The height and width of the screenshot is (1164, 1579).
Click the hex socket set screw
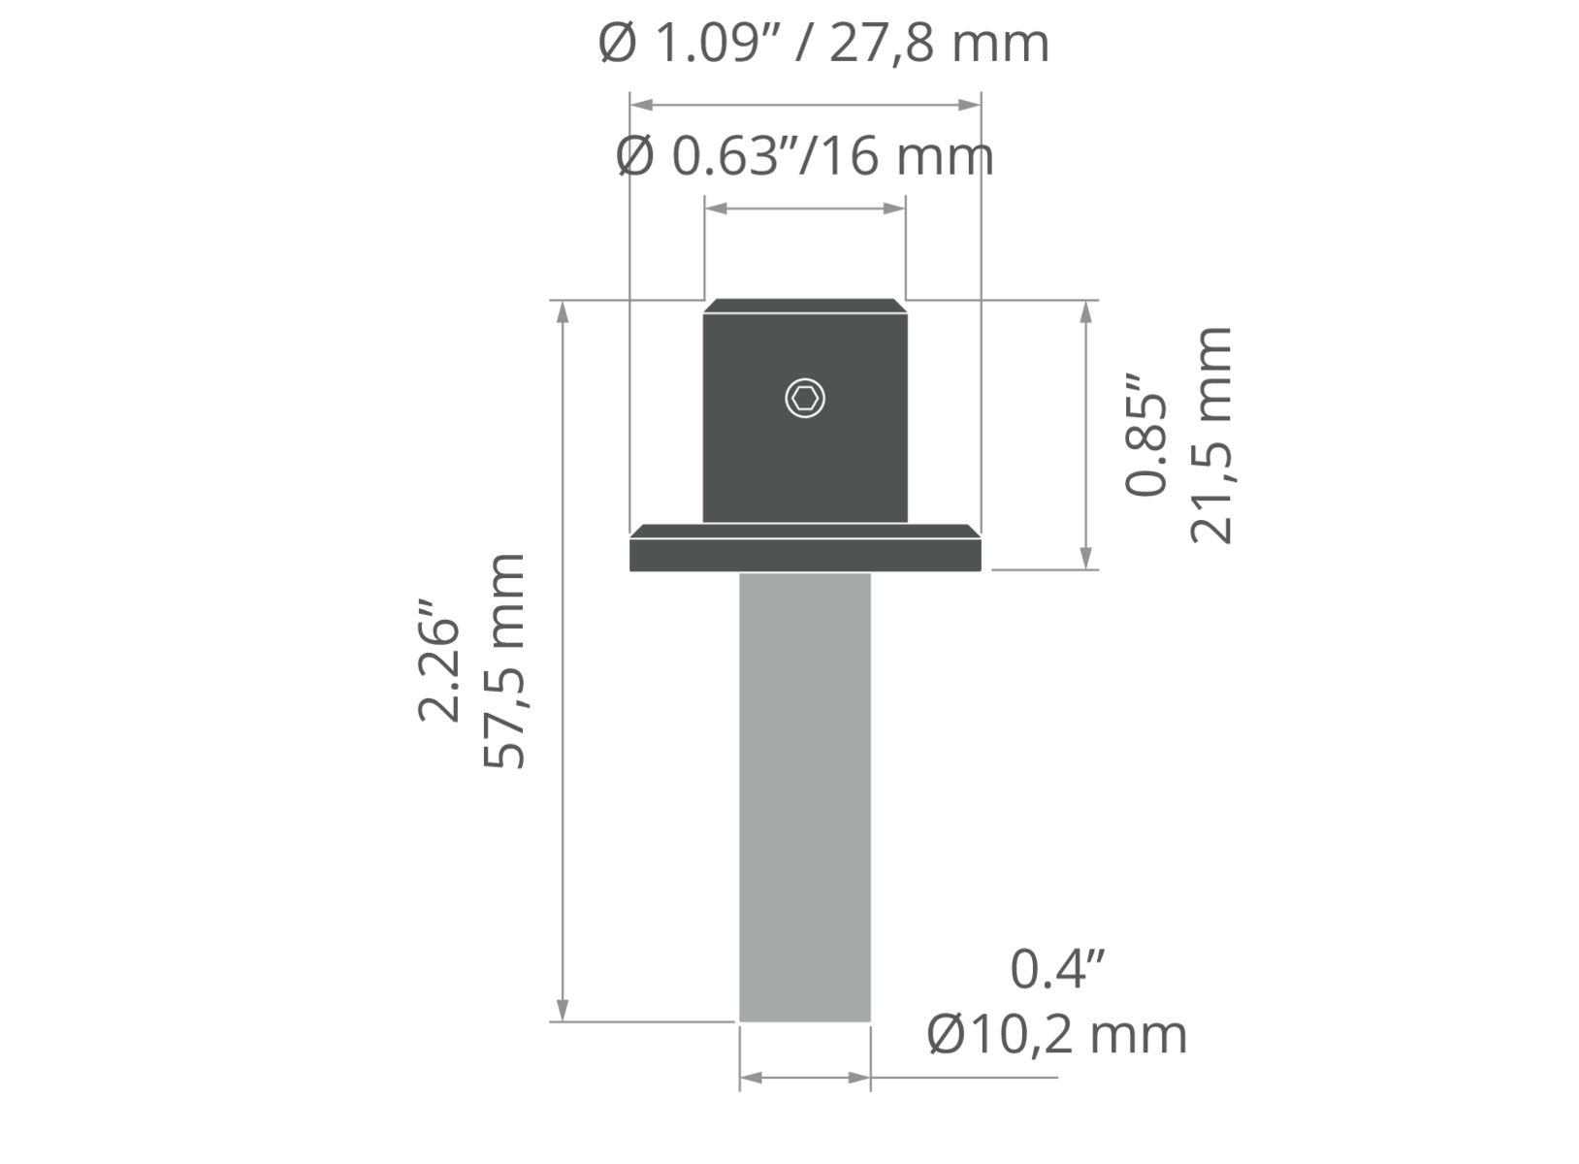805,399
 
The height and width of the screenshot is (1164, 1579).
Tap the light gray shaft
805,797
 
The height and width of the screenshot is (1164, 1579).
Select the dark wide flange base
805,548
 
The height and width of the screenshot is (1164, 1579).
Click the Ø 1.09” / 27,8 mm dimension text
823,44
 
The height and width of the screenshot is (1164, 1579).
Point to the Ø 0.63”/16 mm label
804,156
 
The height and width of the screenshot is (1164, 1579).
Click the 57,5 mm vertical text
504,662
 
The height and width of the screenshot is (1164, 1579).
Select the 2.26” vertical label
438,661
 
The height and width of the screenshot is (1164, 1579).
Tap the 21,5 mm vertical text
1211,435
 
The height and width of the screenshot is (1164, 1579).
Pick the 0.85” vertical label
1145,435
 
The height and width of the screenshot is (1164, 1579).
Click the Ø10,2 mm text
1057,1035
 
